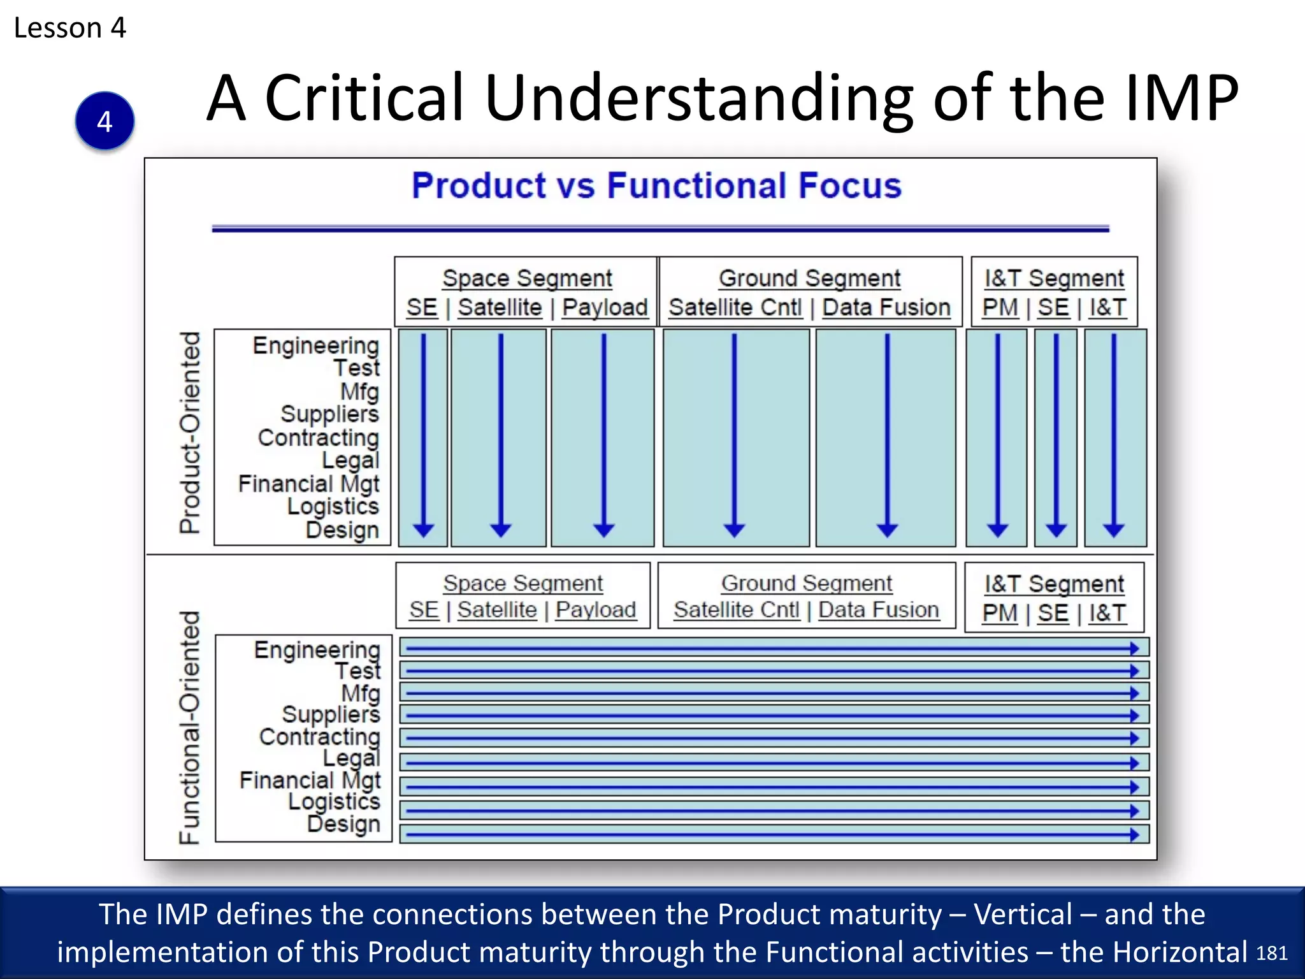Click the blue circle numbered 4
105,121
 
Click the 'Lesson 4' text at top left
70,28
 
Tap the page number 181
1271,954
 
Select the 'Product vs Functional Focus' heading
656,185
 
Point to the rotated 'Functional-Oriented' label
190,727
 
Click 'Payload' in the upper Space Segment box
605,307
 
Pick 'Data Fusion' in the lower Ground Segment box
878,610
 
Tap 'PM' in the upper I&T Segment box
1000,307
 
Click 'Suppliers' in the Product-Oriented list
329,414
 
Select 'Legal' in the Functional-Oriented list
351,758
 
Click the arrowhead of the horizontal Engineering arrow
1134,648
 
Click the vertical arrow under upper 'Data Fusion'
887,433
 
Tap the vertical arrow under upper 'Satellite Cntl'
734,433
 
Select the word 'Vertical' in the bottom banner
1023,914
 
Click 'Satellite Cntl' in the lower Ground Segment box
736,610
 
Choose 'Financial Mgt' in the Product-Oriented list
308,484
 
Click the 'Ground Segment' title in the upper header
809,279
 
